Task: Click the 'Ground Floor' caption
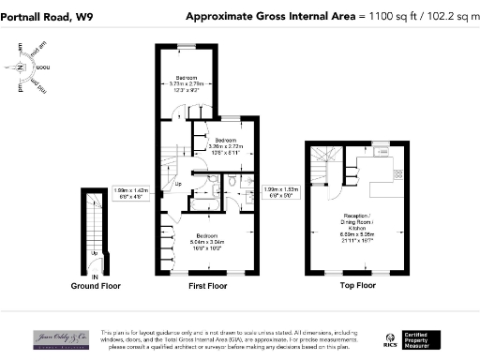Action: coord(94,285)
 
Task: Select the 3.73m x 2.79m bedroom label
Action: coord(188,83)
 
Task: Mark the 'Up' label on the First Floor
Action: coord(179,184)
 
